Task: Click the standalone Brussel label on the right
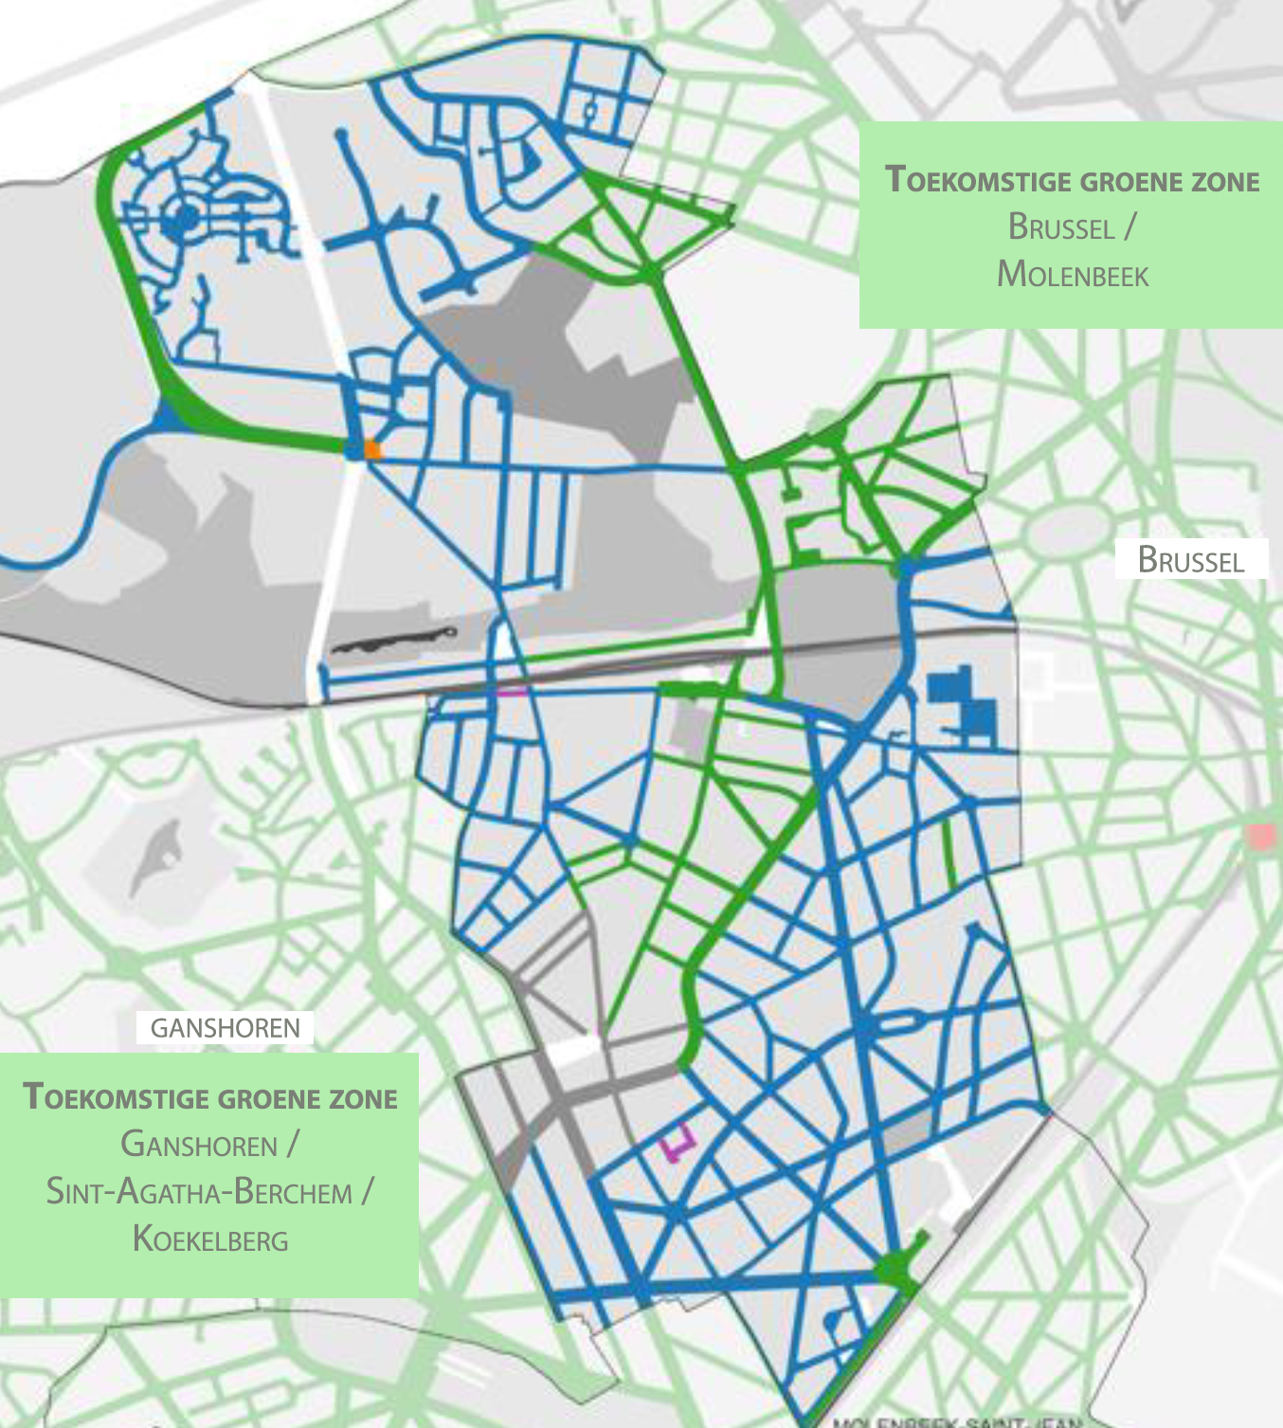(1190, 560)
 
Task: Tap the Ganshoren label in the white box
(225, 1027)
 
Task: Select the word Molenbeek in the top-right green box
(1073, 275)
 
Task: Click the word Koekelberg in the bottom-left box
(210, 1238)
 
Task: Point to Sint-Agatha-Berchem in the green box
(199, 1191)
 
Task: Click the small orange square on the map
(373, 450)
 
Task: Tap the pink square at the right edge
(1261, 837)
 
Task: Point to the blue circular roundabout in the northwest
(180, 219)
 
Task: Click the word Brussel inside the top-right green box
(1061, 227)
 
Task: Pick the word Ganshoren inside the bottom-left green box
(199, 1144)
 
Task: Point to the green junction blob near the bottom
(894, 1268)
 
